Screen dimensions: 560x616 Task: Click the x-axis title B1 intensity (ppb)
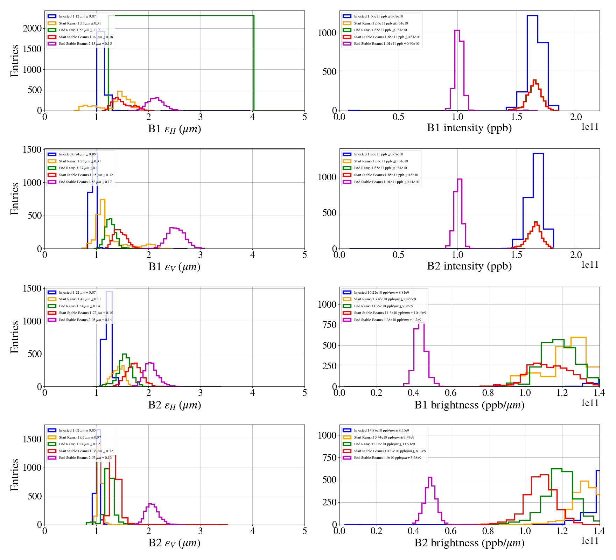(469, 128)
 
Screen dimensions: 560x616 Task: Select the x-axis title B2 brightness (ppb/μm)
(469, 543)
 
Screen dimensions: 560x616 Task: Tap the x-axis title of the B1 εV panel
(174, 267)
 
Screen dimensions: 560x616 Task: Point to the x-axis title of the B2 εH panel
(174, 405)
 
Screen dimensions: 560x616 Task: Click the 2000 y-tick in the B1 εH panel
(32, 28)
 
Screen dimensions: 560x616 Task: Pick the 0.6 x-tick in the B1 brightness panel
(450, 393)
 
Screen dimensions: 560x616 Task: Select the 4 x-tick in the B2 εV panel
(252, 531)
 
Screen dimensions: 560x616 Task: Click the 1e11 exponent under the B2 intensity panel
(590, 265)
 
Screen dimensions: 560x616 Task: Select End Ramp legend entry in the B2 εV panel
(79, 444)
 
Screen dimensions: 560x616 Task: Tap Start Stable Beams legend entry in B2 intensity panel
(386, 175)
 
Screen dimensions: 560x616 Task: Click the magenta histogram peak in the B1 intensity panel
(457, 30)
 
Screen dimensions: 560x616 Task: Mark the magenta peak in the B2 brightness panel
(430, 477)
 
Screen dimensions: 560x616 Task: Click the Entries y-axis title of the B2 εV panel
(14, 475)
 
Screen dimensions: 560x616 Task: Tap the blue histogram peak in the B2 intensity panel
(538, 154)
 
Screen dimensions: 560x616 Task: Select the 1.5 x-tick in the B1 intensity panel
(517, 117)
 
